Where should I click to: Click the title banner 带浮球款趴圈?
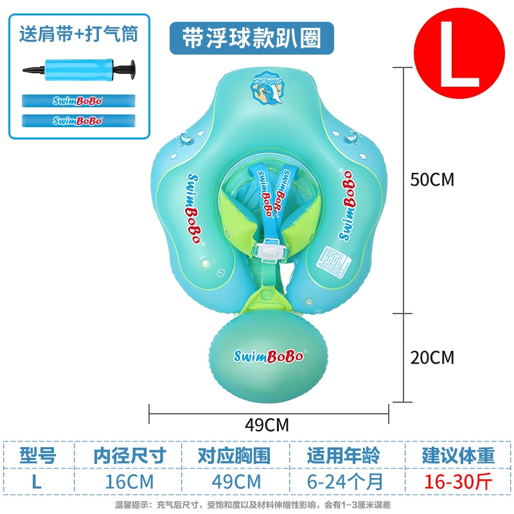pyautogui.click(x=252, y=39)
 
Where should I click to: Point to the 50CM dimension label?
pyautogui.click(x=432, y=179)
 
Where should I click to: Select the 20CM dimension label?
pyautogui.click(x=432, y=357)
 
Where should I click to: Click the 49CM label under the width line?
pyautogui.click(x=267, y=425)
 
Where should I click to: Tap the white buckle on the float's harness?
pyautogui.click(x=272, y=250)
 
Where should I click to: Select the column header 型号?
pyautogui.click(x=37, y=456)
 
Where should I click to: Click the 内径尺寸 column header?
pyautogui.click(x=130, y=456)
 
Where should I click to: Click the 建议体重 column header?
pyautogui.click(x=458, y=456)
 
